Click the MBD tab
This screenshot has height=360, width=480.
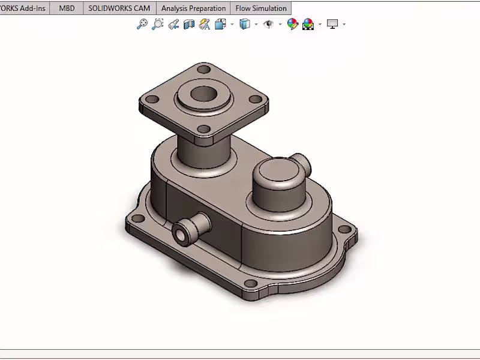tap(67, 8)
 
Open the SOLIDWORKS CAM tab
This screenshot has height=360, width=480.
tap(119, 8)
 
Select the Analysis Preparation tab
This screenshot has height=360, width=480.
tap(193, 8)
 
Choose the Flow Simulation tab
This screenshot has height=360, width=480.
tap(260, 8)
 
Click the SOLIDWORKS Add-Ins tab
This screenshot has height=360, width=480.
tap(23, 8)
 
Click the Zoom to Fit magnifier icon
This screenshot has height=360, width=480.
tap(142, 24)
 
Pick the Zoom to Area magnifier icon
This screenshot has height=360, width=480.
tap(157, 24)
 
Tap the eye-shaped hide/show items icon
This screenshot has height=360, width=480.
tap(269, 24)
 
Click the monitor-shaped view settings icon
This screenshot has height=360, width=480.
tap(332, 24)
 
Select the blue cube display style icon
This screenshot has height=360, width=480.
tap(244, 24)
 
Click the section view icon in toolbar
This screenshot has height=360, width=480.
tap(189, 24)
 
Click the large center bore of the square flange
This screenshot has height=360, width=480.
tap(204, 94)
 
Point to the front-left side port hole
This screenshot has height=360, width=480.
tap(179, 235)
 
